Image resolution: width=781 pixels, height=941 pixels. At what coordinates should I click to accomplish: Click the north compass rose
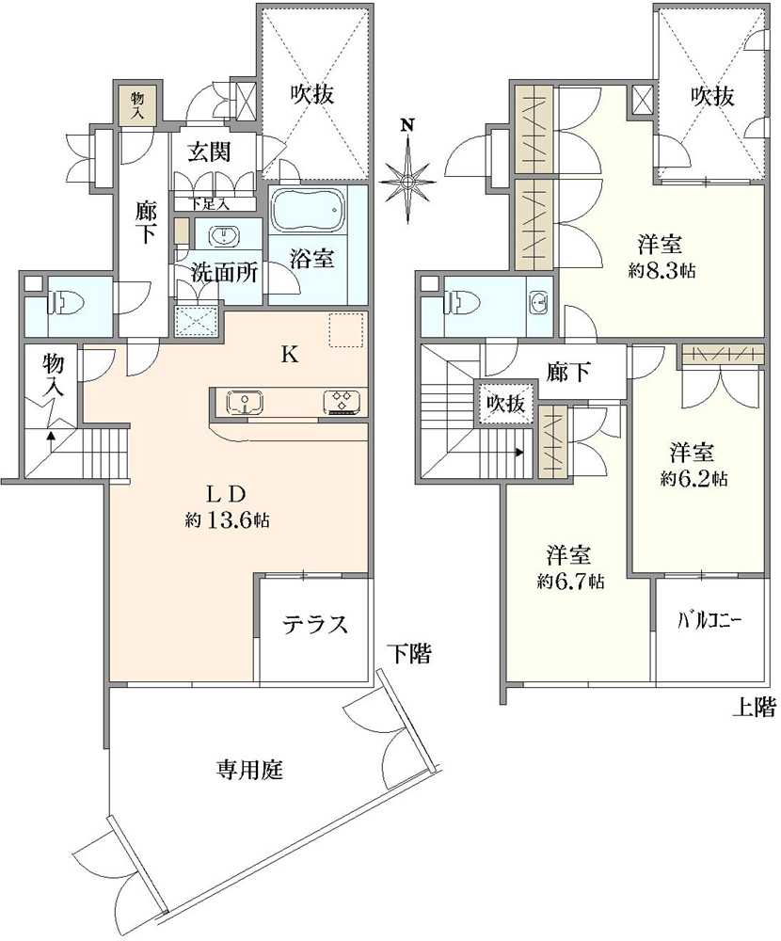(x=407, y=175)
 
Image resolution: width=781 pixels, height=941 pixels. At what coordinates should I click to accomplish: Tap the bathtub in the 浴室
(x=308, y=213)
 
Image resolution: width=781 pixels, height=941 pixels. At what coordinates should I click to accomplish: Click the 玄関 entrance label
(x=209, y=152)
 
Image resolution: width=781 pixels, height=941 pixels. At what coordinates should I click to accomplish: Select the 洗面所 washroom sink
(x=224, y=235)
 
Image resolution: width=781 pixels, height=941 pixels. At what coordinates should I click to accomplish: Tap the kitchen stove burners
(x=342, y=402)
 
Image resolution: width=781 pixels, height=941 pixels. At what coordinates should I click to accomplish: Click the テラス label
(x=317, y=625)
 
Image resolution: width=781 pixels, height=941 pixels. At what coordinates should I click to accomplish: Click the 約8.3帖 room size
(x=663, y=271)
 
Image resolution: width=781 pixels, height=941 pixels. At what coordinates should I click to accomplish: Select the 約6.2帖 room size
(x=693, y=478)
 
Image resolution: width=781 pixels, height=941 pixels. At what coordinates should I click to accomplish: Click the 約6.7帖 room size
(x=570, y=582)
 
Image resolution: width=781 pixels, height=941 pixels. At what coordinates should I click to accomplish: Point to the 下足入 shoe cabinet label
(x=211, y=203)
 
